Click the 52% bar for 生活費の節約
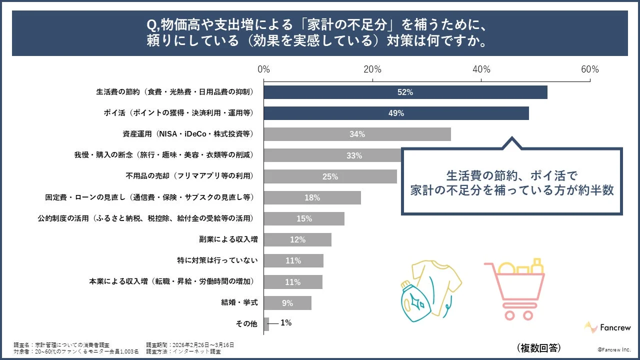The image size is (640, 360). point(405,92)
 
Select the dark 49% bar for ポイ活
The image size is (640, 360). point(396,113)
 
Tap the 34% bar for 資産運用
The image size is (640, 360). point(357,134)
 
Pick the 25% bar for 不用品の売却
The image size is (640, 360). point(330,176)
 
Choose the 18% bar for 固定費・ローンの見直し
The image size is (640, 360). point(312,197)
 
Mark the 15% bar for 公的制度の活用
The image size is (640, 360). point(304,218)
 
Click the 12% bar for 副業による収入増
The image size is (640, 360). point(297,239)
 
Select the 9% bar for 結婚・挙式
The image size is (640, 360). point(287,303)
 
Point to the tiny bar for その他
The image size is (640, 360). point(266,324)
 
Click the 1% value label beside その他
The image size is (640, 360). point(286,323)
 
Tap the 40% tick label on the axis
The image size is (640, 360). point(481,69)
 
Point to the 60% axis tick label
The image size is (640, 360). point(589,69)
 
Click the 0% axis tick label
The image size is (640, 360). point(263,69)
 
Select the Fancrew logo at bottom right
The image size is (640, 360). point(608,327)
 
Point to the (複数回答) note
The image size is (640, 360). point(538,347)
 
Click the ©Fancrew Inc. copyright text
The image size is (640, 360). point(614,349)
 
